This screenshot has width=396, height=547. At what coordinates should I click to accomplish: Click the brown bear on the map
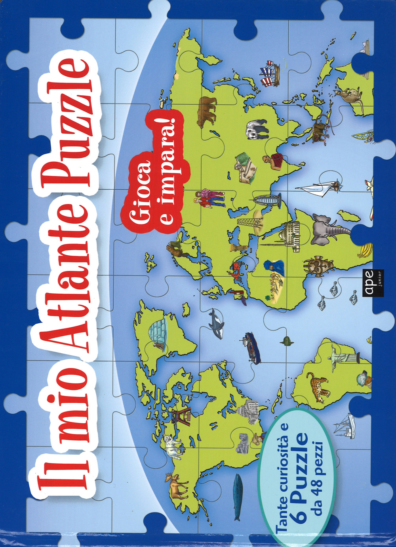(x=207, y=111)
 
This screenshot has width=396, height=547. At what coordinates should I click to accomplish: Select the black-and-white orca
(x=216, y=324)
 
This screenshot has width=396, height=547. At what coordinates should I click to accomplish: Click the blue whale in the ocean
(x=237, y=496)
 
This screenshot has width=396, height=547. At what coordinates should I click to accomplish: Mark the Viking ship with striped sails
(x=271, y=73)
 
